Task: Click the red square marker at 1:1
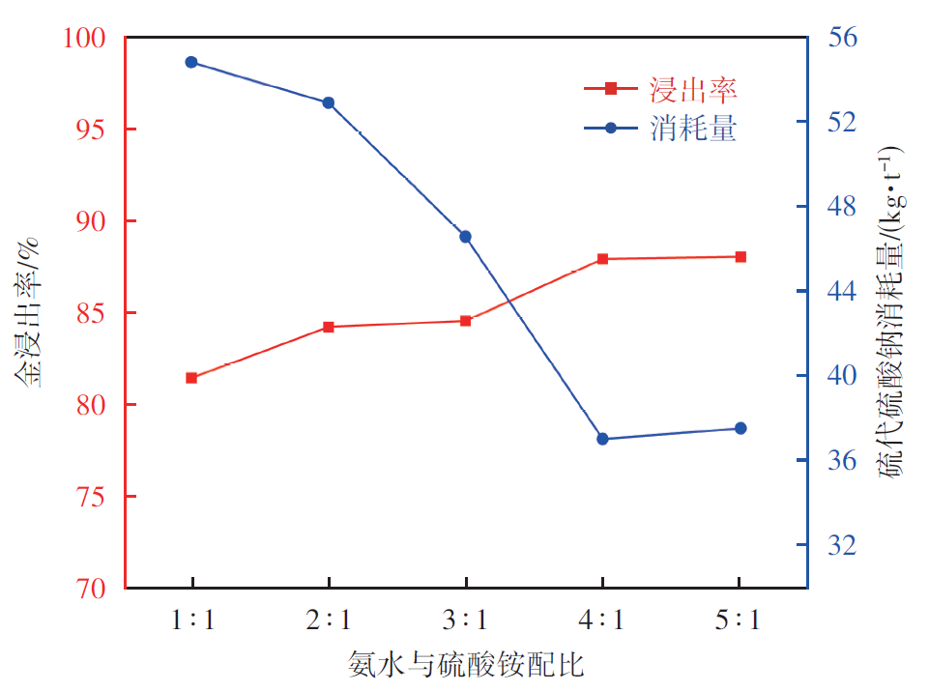click(191, 378)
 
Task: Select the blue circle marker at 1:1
click(191, 62)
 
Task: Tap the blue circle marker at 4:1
click(602, 439)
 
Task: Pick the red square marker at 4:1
click(602, 259)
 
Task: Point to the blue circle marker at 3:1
click(466, 237)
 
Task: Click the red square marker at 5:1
click(740, 256)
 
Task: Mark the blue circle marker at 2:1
click(329, 102)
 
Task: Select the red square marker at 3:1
click(466, 321)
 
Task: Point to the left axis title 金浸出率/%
click(30, 311)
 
